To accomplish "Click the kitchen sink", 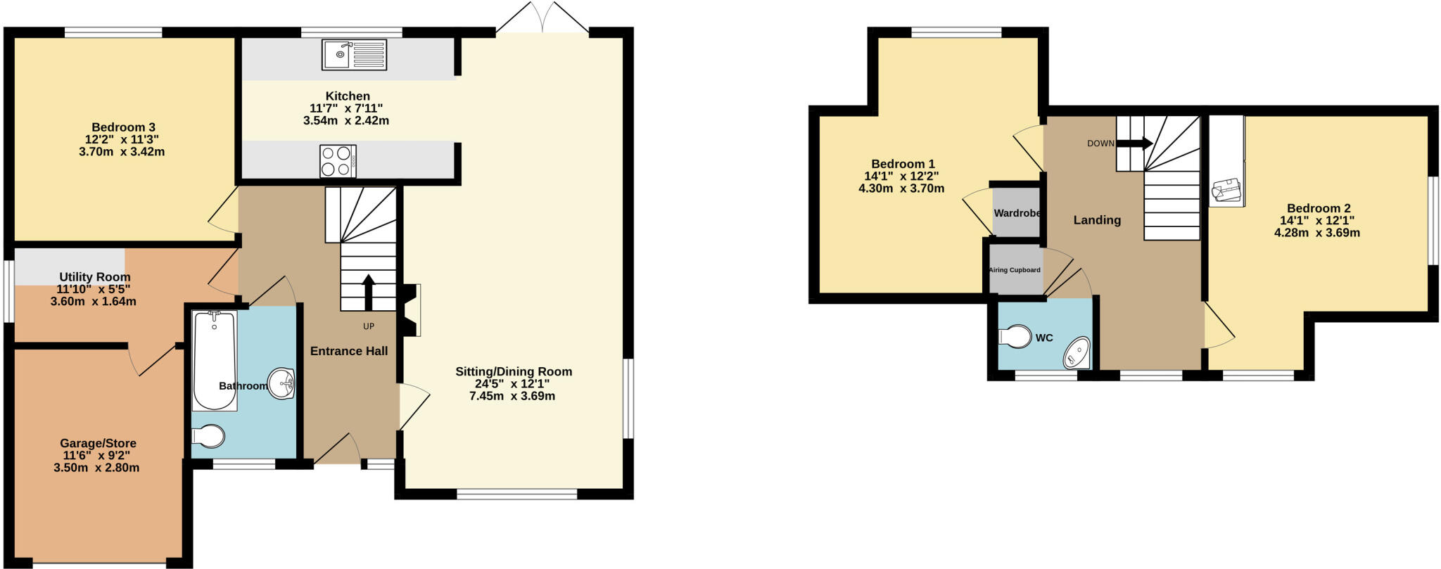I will pyautogui.click(x=354, y=54).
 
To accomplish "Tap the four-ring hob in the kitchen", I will pyautogui.click(x=338, y=161).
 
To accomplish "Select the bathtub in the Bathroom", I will pyautogui.click(x=215, y=360).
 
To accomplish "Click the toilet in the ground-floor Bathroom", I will pyautogui.click(x=208, y=437).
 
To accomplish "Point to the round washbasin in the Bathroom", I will pyautogui.click(x=282, y=383).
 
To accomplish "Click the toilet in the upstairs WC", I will pyautogui.click(x=1015, y=336).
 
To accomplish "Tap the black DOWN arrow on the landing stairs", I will pyautogui.click(x=1134, y=143).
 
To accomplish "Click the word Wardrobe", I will pyautogui.click(x=1017, y=213).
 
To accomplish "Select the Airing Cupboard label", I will pyautogui.click(x=1015, y=270).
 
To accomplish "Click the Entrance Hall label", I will pyautogui.click(x=349, y=351).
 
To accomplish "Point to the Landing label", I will pyautogui.click(x=1097, y=220).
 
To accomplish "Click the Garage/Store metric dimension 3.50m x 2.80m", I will pyautogui.click(x=96, y=468).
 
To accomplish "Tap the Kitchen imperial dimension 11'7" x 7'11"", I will pyautogui.click(x=346, y=108).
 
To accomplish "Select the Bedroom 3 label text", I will pyautogui.click(x=123, y=127).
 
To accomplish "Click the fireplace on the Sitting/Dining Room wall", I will pyautogui.click(x=410, y=309).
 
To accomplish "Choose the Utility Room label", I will pyautogui.click(x=94, y=277).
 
